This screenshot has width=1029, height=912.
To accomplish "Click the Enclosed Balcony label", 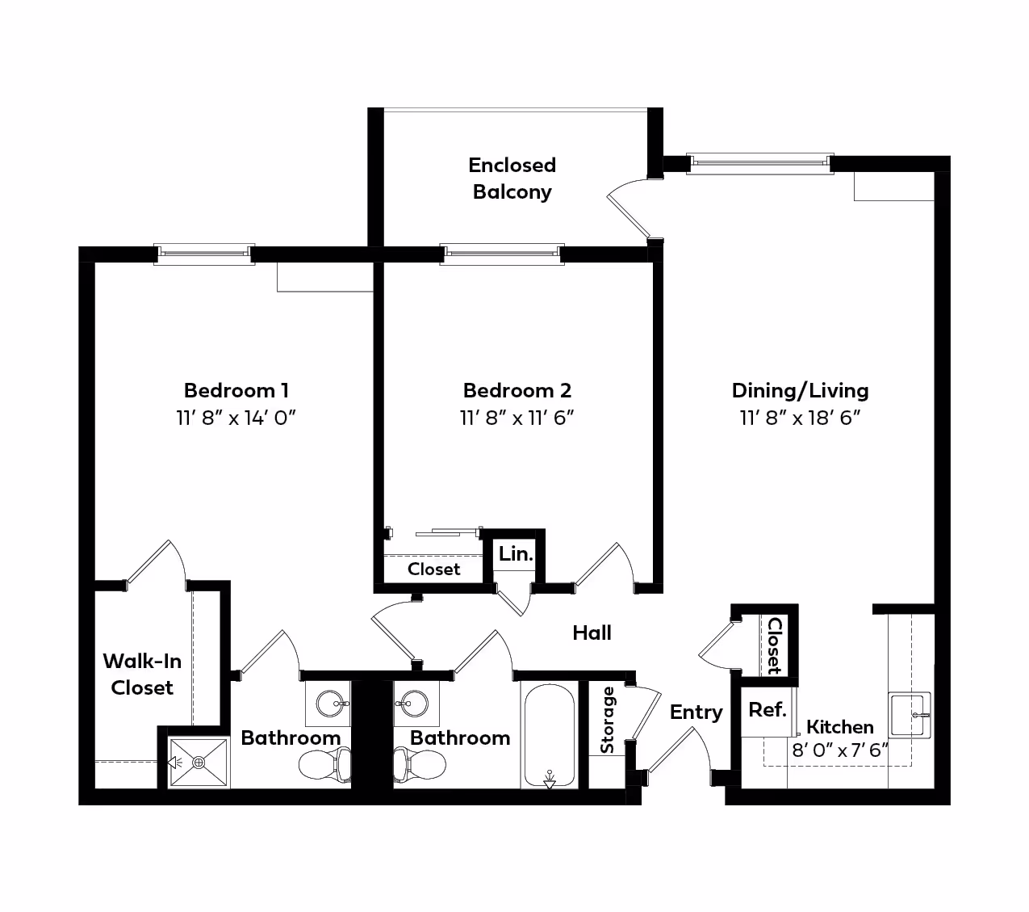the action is point(512,179).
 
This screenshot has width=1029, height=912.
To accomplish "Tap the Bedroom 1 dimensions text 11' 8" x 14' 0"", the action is point(236,418).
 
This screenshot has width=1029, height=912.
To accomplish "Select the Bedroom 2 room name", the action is point(517,390).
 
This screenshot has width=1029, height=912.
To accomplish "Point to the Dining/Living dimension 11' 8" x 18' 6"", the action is point(801,418).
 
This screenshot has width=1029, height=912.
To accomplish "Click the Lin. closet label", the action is point(516,553).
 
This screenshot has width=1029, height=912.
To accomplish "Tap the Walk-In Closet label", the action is point(142,674).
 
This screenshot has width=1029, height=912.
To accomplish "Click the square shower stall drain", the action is point(199,763).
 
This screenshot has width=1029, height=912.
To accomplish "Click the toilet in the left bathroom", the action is point(325,764).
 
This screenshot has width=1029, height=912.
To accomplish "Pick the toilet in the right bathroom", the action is point(420,764).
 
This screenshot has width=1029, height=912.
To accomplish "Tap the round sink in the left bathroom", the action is point(331,704).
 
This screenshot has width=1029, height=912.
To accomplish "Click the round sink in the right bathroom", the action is point(414,704).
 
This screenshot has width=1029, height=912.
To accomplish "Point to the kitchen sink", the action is point(910,715).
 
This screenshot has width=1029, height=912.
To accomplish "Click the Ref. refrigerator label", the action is point(767,710).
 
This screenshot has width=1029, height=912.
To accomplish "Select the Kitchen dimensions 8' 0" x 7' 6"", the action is point(840,750).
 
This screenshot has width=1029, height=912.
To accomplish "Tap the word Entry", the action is point(696,712).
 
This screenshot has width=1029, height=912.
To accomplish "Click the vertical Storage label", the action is point(607,720).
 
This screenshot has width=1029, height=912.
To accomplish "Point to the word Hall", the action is point(592,633).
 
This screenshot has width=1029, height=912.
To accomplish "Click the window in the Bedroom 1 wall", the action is point(204,254).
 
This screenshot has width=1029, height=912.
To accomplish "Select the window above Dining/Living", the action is point(759,164).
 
